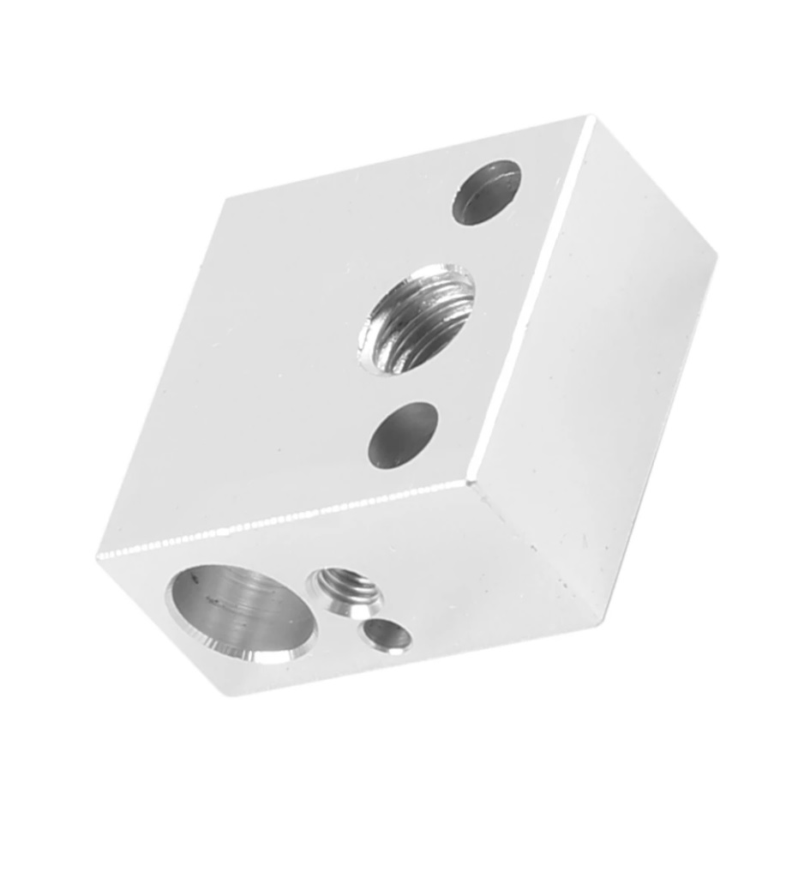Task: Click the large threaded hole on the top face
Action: pyautogui.click(x=417, y=318)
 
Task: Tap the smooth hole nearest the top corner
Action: pyautogui.click(x=486, y=192)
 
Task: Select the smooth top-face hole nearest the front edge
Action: pyautogui.click(x=403, y=436)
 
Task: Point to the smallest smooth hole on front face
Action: pyautogui.click(x=387, y=635)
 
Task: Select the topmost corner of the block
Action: pyautogui.click(x=590, y=118)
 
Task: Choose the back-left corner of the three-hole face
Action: pyautogui.click(x=226, y=200)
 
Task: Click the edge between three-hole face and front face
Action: pyautogui.click(x=283, y=520)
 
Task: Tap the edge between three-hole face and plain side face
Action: pyautogui.click(x=531, y=300)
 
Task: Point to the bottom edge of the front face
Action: pyautogui.click(x=411, y=656)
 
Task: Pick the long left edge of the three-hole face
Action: pyautogui.click(x=163, y=377)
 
